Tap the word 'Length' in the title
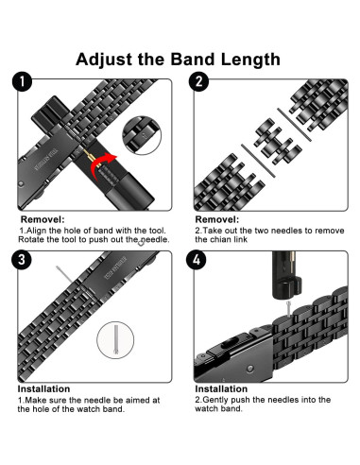(248, 59)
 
